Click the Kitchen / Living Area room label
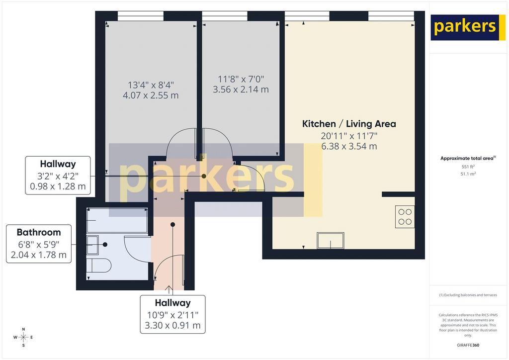(349, 124)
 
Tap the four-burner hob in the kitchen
(405, 216)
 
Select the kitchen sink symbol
(331, 241)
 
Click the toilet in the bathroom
(99, 266)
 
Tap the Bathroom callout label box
(39, 244)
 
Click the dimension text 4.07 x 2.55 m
(151, 95)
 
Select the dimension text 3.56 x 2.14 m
(241, 90)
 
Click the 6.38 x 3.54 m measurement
(349, 146)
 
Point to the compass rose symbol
(23, 337)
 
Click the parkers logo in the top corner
(465, 27)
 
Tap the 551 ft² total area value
(468, 167)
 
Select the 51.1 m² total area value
(468, 174)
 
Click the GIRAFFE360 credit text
(468, 345)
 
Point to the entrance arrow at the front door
(169, 290)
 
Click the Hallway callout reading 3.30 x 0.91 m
(172, 314)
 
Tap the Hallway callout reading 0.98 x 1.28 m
(58, 176)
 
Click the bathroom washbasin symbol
(92, 245)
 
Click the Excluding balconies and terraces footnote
(468, 295)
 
